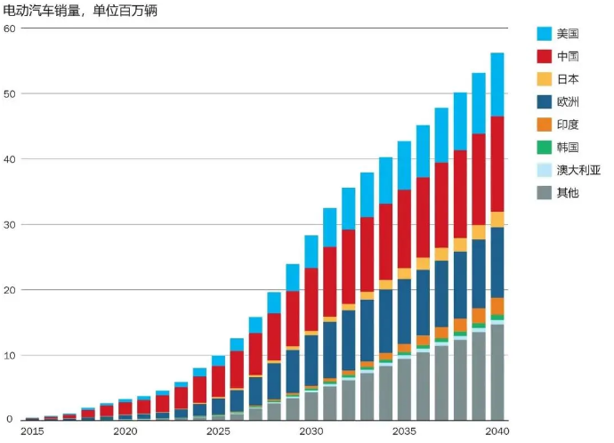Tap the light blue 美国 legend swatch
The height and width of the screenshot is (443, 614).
(x=545, y=34)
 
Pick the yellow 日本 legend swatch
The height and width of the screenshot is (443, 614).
(x=545, y=79)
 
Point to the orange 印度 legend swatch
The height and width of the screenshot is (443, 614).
(x=545, y=124)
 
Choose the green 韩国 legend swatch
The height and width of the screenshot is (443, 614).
(x=545, y=147)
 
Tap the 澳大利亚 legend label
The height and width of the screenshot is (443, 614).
(x=578, y=169)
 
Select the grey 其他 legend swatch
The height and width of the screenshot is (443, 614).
(x=545, y=191)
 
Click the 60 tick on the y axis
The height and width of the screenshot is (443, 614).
(x=10, y=28)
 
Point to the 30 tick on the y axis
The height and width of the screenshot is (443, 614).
(x=10, y=224)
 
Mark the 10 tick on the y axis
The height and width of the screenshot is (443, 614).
(x=10, y=355)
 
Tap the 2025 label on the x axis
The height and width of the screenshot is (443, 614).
(x=217, y=431)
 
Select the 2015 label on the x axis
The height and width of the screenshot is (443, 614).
(x=32, y=431)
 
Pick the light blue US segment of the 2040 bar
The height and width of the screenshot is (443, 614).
(x=497, y=85)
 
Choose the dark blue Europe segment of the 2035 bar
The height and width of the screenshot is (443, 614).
(x=404, y=311)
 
